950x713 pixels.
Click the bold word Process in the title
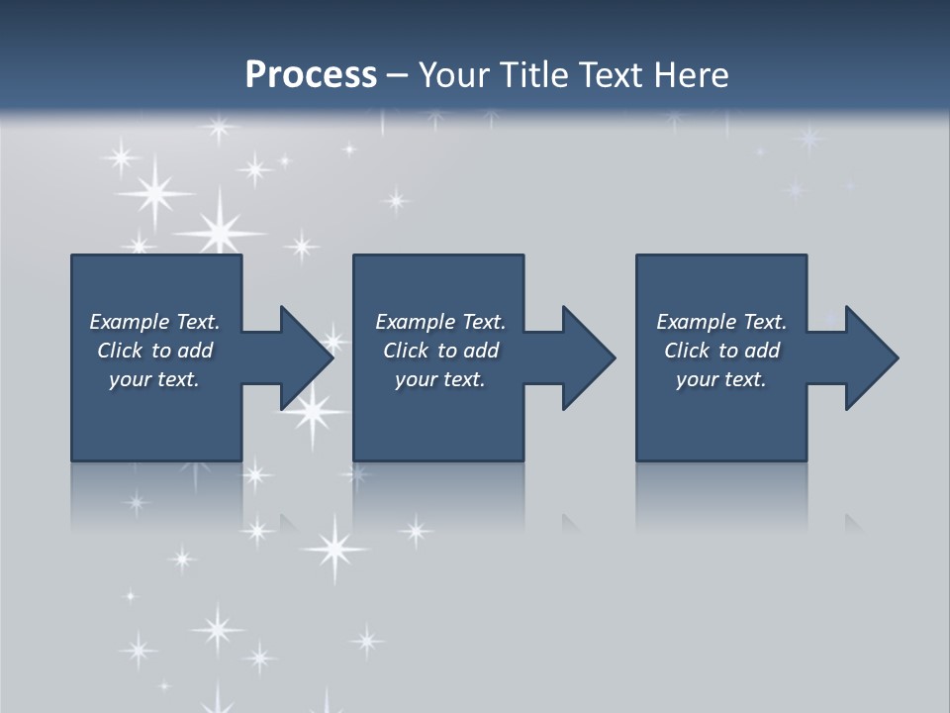(311, 75)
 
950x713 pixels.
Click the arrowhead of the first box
(306, 357)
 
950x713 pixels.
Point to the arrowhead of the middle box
(588, 357)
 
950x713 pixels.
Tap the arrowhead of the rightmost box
(871, 357)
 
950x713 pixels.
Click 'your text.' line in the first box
(154, 379)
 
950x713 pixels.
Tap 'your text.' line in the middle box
(440, 379)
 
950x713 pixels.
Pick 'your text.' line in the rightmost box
(721, 379)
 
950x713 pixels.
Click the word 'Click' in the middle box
(406, 351)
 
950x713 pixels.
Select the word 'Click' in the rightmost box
(687, 351)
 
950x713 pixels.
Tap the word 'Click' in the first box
(120, 351)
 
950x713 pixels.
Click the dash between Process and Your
(398, 76)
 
